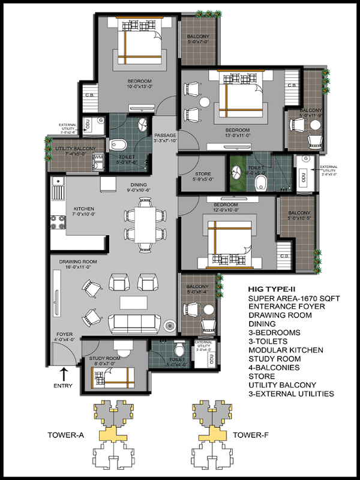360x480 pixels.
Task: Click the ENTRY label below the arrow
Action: coord(64,386)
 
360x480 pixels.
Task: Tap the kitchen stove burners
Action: coord(58,224)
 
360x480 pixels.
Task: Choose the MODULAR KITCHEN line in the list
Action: coord(286,350)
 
